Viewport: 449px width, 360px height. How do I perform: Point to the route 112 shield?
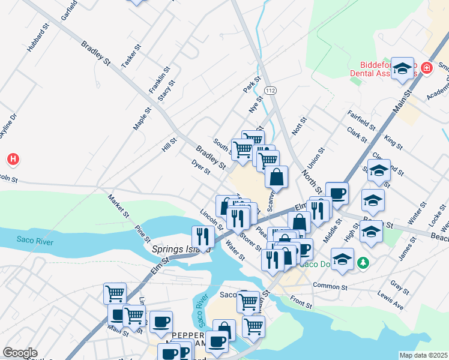pyautogui.click(x=271, y=90)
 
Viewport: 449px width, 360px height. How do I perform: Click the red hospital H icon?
pyautogui.click(x=13, y=159)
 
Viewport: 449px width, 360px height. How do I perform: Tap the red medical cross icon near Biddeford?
pyautogui.click(x=427, y=68)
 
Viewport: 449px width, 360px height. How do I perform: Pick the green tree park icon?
pyautogui.click(x=363, y=262)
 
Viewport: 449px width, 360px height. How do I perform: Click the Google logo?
pyautogui.click(x=20, y=352)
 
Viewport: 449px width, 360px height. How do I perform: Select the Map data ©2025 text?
pyautogui.click(x=423, y=355)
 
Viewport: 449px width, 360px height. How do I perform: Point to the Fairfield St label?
pyautogui.click(x=361, y=120)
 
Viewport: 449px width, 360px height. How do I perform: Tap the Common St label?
pyautogui.click(x=330, y=286)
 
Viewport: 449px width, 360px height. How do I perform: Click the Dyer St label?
pyautogui.click(x=200, y=167)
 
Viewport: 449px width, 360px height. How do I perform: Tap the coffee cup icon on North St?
pyautogui.click(x=337, y=193)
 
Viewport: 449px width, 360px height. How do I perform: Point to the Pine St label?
pyautogui.click(x=143, y=233)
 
